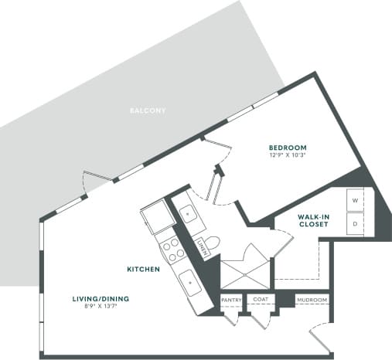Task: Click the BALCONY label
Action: pyautogui.click(x=148, y=110)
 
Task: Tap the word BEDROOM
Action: pyautogui.click(x=288, y=148)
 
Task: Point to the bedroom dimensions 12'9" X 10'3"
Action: pyautogui.click(x=288, y=157)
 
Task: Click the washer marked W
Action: pyautogui.click(x=355, y=200)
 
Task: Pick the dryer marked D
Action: pyautogui.click(x=355, y=224)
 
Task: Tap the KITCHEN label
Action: pyautogui.click(x=143, y=269)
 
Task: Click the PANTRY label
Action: pyautogui.click(x=231, y=300)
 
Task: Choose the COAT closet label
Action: pyautogui.click(x=260, y=300)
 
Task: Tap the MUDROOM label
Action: pyautogui.click(x=312, y=300)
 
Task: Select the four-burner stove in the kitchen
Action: pyautogui.click(x=171, y=248)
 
